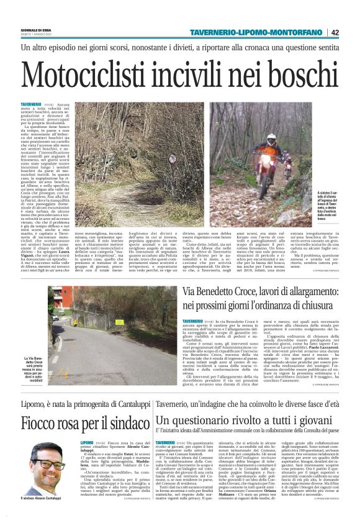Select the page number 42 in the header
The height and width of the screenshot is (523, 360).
tap(352, 32)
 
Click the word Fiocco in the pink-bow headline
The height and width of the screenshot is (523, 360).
tap(43, 424)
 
